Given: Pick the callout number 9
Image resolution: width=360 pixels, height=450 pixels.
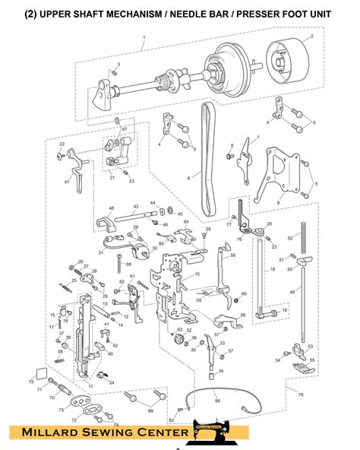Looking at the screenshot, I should [x=278, y=203].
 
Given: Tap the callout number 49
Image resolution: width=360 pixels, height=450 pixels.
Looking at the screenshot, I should [x=292, y=291].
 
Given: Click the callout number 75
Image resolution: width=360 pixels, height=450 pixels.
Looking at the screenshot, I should [x=32, y=382].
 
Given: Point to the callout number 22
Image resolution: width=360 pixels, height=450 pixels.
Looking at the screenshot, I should [x=62, y=144].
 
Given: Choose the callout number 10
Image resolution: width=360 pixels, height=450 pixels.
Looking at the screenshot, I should [x=197, y=274].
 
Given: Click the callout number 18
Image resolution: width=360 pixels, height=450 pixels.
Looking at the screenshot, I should [x=272, y=270].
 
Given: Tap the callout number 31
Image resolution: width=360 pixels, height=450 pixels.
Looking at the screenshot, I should [x=100, y=252].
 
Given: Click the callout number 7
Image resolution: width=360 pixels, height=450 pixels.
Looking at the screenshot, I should [x=257, y=138].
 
